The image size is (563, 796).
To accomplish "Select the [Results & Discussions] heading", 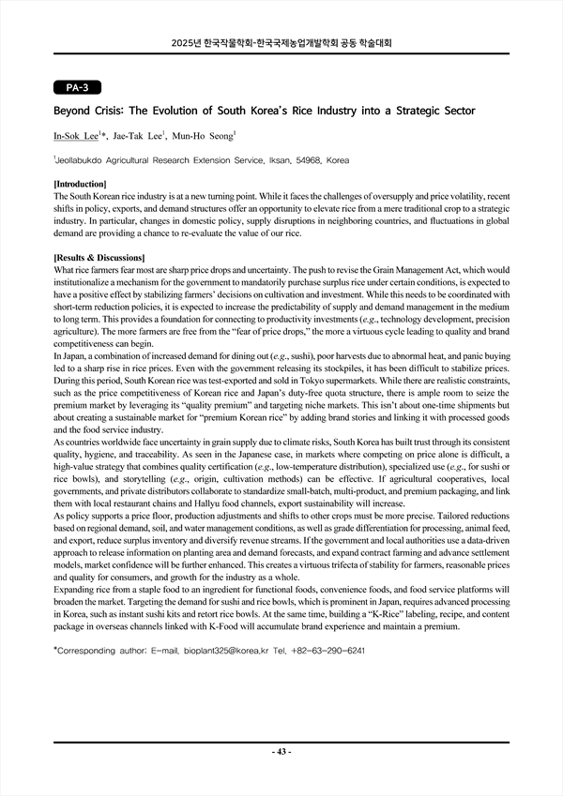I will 99,257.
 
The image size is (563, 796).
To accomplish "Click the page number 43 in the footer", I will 281,753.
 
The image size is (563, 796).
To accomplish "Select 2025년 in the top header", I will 187,43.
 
